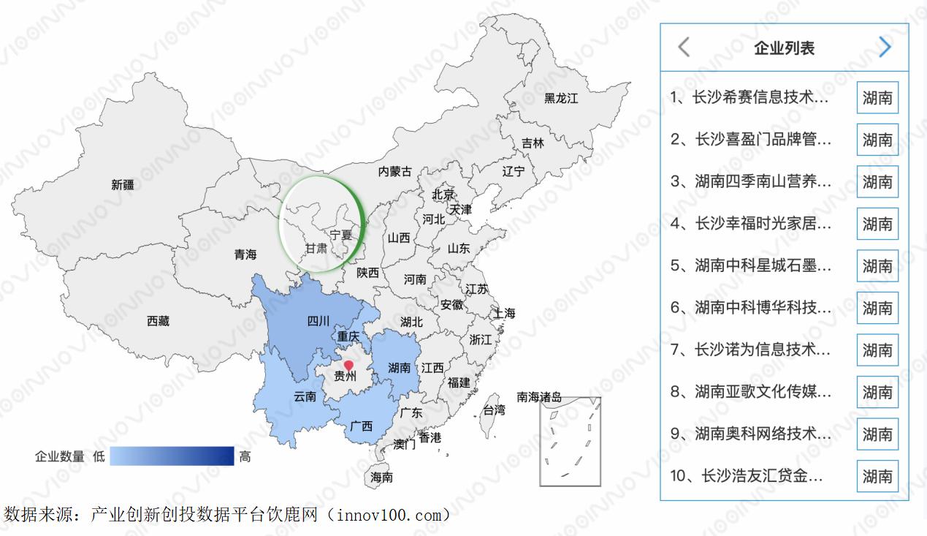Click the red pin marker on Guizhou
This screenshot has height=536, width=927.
coord(348,365)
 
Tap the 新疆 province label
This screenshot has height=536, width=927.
coord(123,185)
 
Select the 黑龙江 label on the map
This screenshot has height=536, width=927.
coord(560,98)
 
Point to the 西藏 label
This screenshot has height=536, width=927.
coord(158,320)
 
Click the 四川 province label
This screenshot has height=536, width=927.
coord(318,320)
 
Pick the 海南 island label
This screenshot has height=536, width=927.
coord(381,477)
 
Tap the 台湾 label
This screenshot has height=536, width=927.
coord(494,410)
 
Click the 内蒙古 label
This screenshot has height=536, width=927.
coord(395,171)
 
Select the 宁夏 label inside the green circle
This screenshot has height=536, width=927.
coord(341,235)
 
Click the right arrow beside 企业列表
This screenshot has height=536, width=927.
coord(885,48)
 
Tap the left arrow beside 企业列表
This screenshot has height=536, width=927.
coord(684,48)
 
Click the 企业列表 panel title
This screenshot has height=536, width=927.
coord(784,48)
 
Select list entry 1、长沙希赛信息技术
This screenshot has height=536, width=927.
coord(750,97)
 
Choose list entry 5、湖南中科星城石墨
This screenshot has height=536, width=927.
coord(751,265)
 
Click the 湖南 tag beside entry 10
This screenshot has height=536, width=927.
coord(877,476)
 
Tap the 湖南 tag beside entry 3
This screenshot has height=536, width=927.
coord(877,181)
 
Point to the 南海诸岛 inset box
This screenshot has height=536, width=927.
coord(570,442)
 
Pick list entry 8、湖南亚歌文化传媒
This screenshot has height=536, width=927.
coord(751,392)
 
